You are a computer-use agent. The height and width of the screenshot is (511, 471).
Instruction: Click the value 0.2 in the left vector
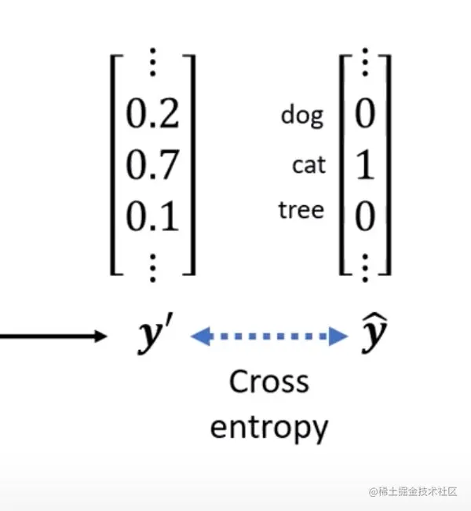(x=153, y=115)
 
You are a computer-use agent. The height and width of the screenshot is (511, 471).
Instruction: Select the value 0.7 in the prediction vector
(x=153, y=164)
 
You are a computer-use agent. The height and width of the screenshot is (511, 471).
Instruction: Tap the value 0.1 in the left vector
(x=153, y=215)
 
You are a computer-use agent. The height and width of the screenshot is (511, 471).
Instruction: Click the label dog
(x=302, y=116)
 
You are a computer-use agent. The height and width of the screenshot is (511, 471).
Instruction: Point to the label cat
(x=308, y=165)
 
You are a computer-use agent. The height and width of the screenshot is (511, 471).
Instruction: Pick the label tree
(x=301, y=210)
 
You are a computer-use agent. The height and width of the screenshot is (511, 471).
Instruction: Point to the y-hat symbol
(x=375, y=336)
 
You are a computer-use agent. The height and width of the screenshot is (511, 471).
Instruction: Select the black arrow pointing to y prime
(x=51, y=336)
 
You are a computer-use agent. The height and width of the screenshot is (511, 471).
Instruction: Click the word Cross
(x=268, y=383)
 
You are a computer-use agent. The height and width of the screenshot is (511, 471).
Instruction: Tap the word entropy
(x=268, y=428)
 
